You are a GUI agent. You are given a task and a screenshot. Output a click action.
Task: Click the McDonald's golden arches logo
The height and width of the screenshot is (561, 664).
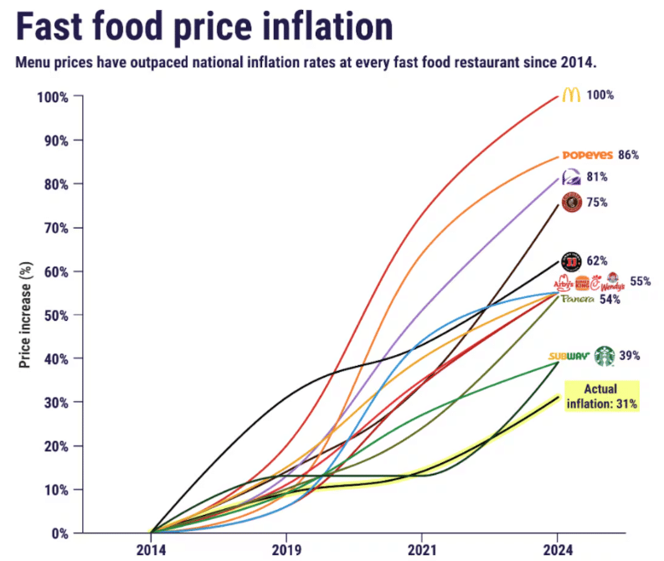(x=570, y=95)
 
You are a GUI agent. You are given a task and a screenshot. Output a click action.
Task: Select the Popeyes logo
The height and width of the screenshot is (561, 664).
(x=586, y=155)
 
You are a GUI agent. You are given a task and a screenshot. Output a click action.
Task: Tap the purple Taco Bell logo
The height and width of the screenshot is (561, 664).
(x=572, y=177)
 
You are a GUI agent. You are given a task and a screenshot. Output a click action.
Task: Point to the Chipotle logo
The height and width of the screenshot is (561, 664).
(x=571, y=202)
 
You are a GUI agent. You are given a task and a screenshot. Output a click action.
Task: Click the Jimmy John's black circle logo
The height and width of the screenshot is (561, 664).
(x=571, y=261)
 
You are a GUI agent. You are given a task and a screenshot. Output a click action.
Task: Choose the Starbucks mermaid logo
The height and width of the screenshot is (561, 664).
(x=604, y=356)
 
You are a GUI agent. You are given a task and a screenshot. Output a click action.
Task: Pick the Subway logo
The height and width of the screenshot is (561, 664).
(x=569, y=357)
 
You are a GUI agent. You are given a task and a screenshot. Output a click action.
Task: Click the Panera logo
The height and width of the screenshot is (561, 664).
(x=577, y=299)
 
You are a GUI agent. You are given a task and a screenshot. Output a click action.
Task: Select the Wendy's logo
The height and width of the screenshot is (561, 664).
(x=613, y=281)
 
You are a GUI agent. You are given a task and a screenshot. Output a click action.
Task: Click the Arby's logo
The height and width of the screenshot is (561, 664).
(x=565, y=283)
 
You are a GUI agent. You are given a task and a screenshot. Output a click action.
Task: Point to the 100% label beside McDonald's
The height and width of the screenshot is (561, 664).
(x=600, y=95)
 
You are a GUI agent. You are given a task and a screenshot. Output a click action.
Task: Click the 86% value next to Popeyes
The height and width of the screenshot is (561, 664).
(x=628, y=155)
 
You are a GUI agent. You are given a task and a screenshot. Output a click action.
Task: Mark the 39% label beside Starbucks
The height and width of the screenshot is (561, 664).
(x=630, y=356)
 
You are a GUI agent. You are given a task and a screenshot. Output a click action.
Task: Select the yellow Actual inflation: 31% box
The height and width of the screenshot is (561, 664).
(x=602, y=396)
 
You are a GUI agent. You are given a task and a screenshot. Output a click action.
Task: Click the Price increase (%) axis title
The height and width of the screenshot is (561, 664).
(x=25, y=313)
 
